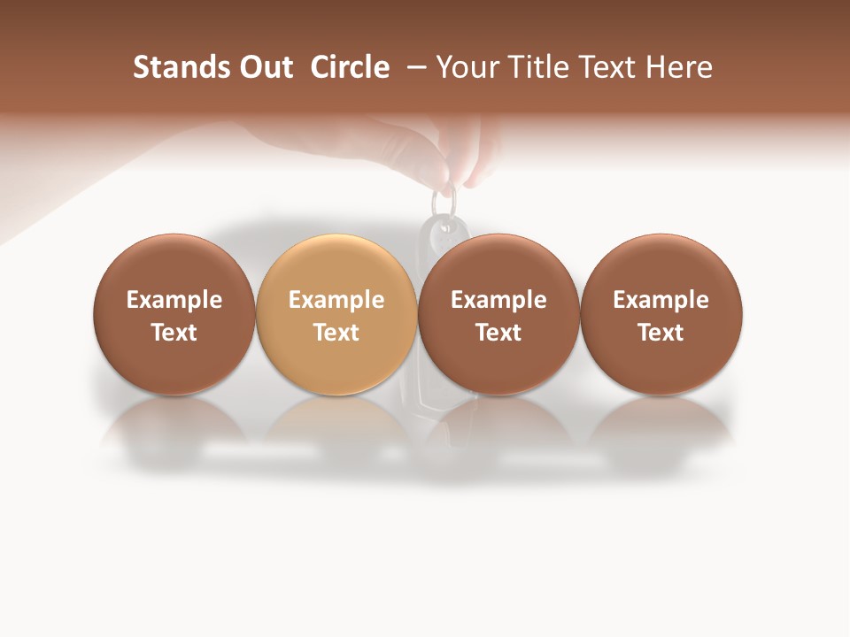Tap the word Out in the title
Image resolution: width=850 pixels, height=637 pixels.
[x=264, y=67]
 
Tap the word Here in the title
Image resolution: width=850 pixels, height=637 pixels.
[x=679, y=67]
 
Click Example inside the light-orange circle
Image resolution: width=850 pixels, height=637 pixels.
[x=336, y=300]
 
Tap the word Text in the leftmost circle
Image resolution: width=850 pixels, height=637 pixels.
[x=174, y=333]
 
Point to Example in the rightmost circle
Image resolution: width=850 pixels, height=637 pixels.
[x=661, y=300]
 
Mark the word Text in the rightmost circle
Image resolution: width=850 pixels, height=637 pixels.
[x=661, y=333]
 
